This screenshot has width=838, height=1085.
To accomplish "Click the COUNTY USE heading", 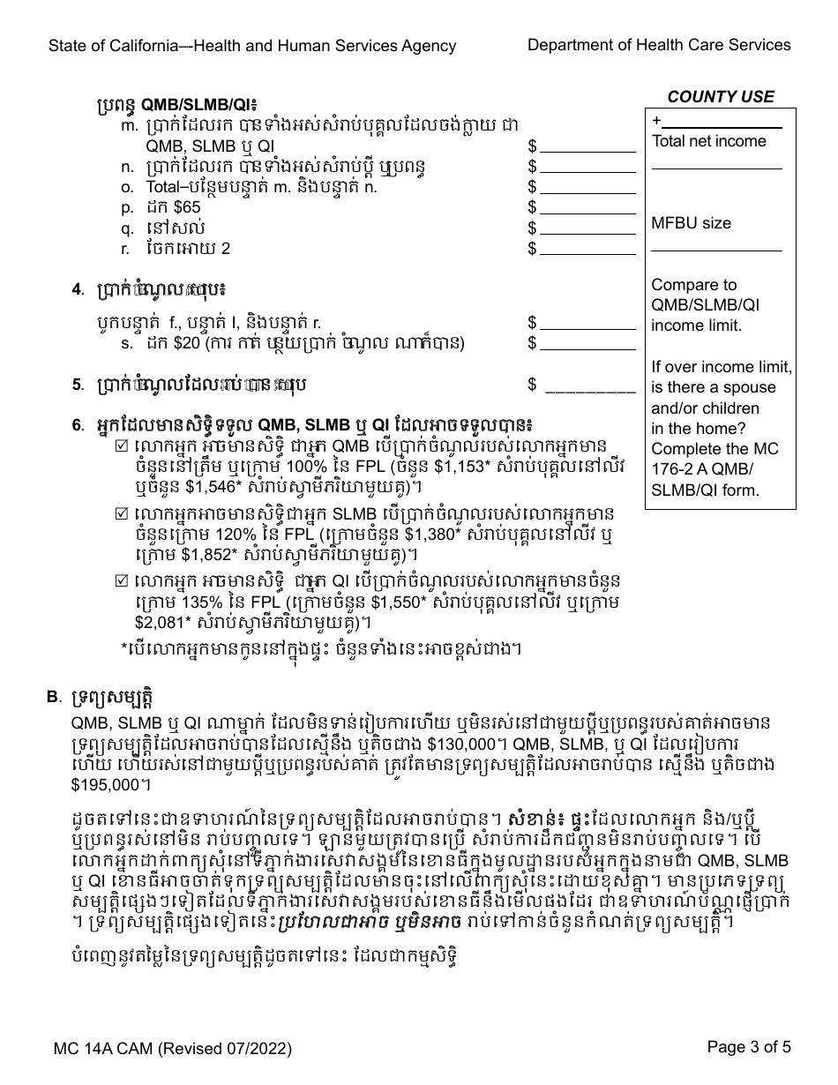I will click(x=721, y=97).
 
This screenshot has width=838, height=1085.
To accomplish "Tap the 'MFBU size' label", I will click(x=691, y=223).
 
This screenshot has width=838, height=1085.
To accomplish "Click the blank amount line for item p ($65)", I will click(x=587, y=207).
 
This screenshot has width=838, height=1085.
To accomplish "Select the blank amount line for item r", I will click(x=587, y=249).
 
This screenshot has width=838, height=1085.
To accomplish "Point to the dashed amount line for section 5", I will click(x=590, y=385).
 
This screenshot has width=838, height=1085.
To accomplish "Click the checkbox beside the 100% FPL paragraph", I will click(x=122, y=446).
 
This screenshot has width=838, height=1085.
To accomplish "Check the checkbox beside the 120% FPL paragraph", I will click(x=122, y=513).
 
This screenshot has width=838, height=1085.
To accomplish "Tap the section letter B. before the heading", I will click(x=53, y=698).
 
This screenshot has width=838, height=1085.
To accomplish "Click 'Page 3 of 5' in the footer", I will click(x=749, y=1047).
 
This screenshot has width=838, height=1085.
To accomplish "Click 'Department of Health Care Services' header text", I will click(x=659, y=45).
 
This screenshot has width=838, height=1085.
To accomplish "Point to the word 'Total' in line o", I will click(x=164, y=187).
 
